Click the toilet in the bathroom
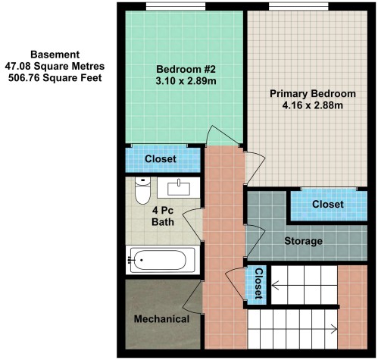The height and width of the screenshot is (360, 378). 142,190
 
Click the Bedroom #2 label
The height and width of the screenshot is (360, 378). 186,69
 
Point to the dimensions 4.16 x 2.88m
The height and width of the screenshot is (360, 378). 313,105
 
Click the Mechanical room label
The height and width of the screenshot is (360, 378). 161,319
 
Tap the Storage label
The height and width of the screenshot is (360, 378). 303,241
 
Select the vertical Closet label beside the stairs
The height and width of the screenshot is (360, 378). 259,283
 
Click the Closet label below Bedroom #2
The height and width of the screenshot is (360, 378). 161,159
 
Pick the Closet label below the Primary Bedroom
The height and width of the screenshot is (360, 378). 328,204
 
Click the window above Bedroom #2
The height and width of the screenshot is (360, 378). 176,7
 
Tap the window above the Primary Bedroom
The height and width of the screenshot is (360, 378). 298,7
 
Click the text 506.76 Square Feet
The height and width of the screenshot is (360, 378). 55,77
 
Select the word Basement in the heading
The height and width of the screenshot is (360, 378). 55,55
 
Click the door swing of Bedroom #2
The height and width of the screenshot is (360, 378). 223,136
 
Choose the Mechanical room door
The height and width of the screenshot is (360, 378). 192,297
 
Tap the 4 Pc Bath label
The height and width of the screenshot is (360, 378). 163,216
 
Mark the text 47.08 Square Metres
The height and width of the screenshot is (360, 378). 55,66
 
